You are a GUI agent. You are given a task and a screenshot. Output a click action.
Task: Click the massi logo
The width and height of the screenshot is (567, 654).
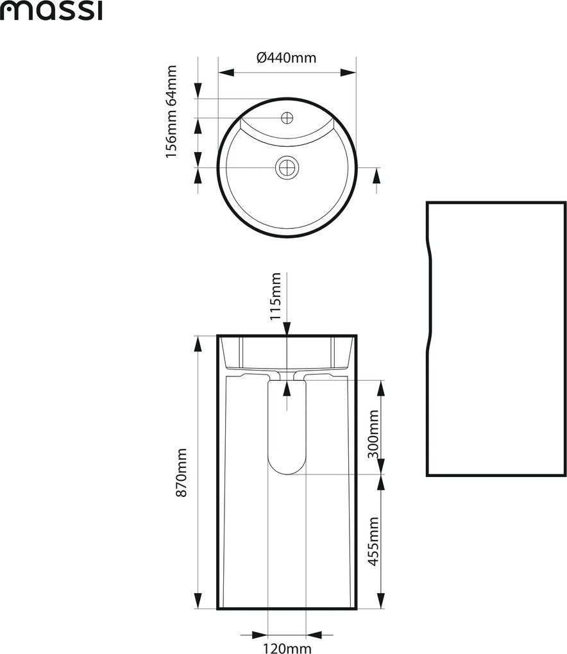[x=51, y=12]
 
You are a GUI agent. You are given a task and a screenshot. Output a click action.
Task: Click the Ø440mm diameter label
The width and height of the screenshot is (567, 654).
[x=286, y=58]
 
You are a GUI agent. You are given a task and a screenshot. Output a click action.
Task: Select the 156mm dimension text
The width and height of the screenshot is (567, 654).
[x=171, y=133]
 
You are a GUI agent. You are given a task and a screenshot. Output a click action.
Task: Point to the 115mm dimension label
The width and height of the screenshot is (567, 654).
[x=275, y=296]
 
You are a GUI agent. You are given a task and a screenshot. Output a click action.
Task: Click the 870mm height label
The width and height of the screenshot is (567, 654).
[x=181, y=473]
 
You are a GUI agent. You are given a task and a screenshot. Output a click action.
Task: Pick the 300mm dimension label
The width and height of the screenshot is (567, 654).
[x=373, y=434]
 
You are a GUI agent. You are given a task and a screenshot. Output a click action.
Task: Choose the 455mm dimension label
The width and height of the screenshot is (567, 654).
[x=373, y=541]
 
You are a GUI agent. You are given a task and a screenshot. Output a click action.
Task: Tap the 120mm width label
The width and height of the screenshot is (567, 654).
[x=287, y=648]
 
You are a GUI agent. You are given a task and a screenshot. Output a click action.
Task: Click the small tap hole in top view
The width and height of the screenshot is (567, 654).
[x=287, y=118]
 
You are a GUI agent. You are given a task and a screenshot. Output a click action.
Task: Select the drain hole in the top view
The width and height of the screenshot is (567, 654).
[x=287, y=168]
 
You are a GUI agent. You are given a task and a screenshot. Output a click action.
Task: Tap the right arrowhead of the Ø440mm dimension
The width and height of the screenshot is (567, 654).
[x=348, y=72]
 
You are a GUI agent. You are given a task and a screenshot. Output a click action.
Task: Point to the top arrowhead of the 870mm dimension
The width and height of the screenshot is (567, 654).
[x=198, y=343]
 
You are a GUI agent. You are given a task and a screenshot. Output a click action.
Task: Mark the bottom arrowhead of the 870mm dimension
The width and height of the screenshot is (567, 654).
[x=198, y=601]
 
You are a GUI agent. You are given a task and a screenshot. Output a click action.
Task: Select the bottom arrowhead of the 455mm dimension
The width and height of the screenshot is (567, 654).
[x=380, y=601]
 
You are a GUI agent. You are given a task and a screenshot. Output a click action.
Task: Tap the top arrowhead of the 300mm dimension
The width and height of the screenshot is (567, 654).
[x=380, y=388]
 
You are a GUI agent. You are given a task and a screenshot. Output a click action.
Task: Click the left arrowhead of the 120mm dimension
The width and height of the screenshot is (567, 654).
[x=260, y=635]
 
